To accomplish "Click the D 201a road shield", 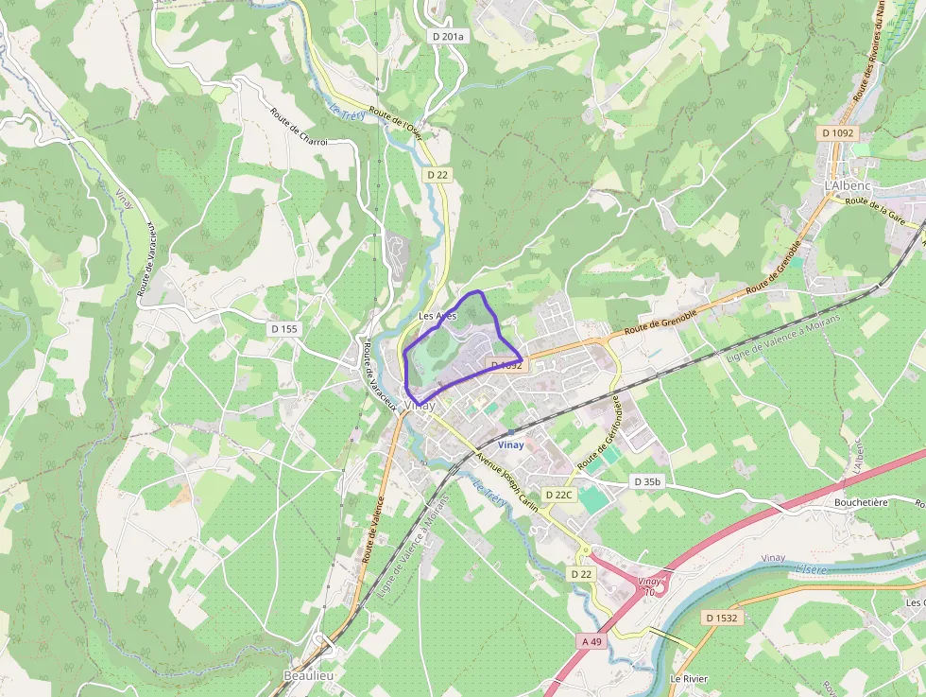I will coord(448,36).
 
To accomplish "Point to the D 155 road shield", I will coord(283,329).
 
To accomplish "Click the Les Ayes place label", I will coord(437,316).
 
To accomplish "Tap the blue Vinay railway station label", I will coord(510,444).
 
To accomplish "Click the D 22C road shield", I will coord(559,495).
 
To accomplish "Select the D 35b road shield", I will coord(647,482).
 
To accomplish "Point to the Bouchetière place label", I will coord(861,502).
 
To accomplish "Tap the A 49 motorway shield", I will coord(592,641).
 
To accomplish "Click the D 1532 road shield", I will coord(721,618).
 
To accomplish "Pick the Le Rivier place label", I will coord(689,679).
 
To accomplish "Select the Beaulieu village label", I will coord(308,676).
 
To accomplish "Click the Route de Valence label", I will coord(373,531).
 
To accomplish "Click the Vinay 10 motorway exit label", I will coord(647,586).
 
